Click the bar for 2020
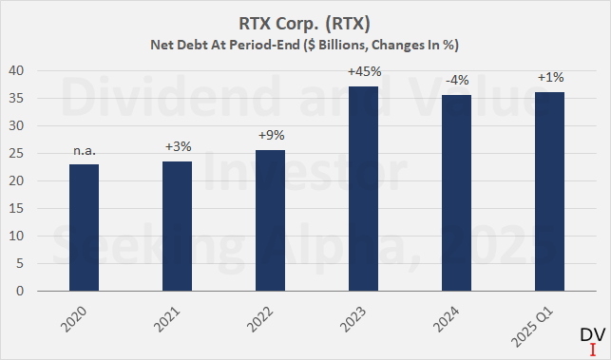pos(85,228)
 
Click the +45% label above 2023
pos(365,72)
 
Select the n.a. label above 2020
pos(85,150)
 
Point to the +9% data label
pos(271,136)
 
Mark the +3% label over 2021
pos(178,147)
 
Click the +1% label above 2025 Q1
pos(550,78)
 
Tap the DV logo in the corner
pos(590,339)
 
